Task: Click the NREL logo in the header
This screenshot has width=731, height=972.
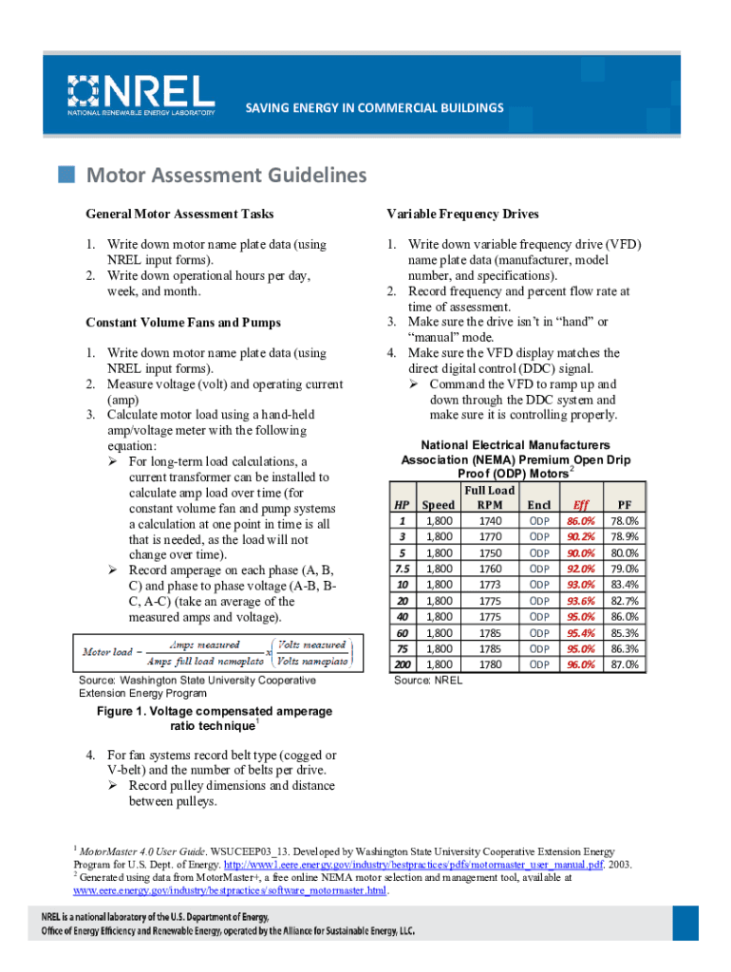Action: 140,94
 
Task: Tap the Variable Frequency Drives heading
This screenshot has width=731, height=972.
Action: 462,214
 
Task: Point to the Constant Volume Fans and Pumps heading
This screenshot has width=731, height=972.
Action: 183,323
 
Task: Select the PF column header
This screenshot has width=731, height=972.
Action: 624,506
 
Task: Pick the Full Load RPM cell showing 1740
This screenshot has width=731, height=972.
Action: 490,521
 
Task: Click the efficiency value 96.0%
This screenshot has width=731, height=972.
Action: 581,664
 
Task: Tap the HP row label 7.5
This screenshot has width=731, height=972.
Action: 403,569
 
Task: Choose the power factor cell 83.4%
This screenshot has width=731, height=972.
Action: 624,585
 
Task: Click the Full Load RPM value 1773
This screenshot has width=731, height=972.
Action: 490,585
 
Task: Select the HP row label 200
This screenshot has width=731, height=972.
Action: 403,664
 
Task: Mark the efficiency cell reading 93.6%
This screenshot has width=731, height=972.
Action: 581,601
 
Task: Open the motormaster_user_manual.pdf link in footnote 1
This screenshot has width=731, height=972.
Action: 412,866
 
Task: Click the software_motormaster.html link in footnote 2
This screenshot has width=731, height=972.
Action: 231,891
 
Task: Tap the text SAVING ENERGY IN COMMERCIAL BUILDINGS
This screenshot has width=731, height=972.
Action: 374,108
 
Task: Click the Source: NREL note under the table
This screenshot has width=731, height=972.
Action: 427,681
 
